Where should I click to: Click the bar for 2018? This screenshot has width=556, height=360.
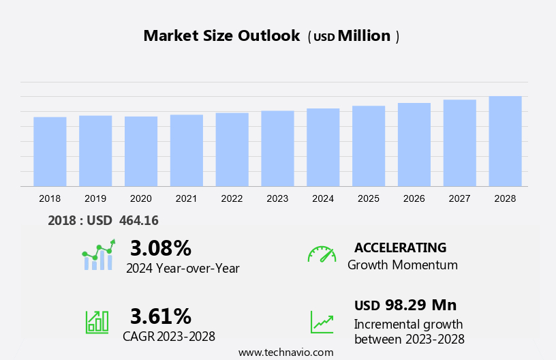[50, 151]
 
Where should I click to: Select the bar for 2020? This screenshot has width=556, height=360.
[141, 151]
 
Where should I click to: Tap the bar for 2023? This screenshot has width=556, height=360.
[277, 149]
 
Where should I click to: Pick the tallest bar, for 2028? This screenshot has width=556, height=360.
[505, 141]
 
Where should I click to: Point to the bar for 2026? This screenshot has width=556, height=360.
[414, 145]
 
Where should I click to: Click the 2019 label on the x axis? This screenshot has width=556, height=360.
[95, 198]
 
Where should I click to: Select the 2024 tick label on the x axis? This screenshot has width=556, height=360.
[323, 198]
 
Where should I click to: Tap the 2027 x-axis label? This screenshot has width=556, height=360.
[459, 198]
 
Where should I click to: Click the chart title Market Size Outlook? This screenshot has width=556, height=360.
[221, 36]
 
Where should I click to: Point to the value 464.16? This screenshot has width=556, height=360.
[138, 220]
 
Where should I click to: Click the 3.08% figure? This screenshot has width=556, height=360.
[161, 247]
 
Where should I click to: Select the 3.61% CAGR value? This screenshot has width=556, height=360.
[161, 316]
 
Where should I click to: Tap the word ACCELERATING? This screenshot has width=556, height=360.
[400, 247]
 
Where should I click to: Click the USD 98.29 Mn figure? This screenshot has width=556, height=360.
[405, 305]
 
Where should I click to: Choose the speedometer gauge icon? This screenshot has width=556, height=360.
[322, 254]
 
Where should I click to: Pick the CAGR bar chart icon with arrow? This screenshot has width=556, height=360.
[97, 321]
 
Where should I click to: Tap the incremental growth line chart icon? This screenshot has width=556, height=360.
[322, 321]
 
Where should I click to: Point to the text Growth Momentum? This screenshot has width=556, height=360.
[402, 265]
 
